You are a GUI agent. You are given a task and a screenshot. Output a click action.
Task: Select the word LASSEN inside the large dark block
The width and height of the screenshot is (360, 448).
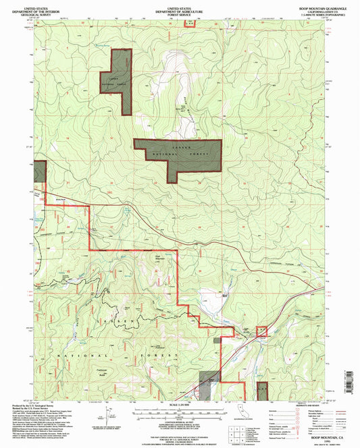point(181,146)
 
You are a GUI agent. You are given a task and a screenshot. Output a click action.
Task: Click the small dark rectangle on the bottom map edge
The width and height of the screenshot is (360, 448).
point(263,389)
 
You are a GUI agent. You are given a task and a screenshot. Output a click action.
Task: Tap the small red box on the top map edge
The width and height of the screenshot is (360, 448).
point(190,22)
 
